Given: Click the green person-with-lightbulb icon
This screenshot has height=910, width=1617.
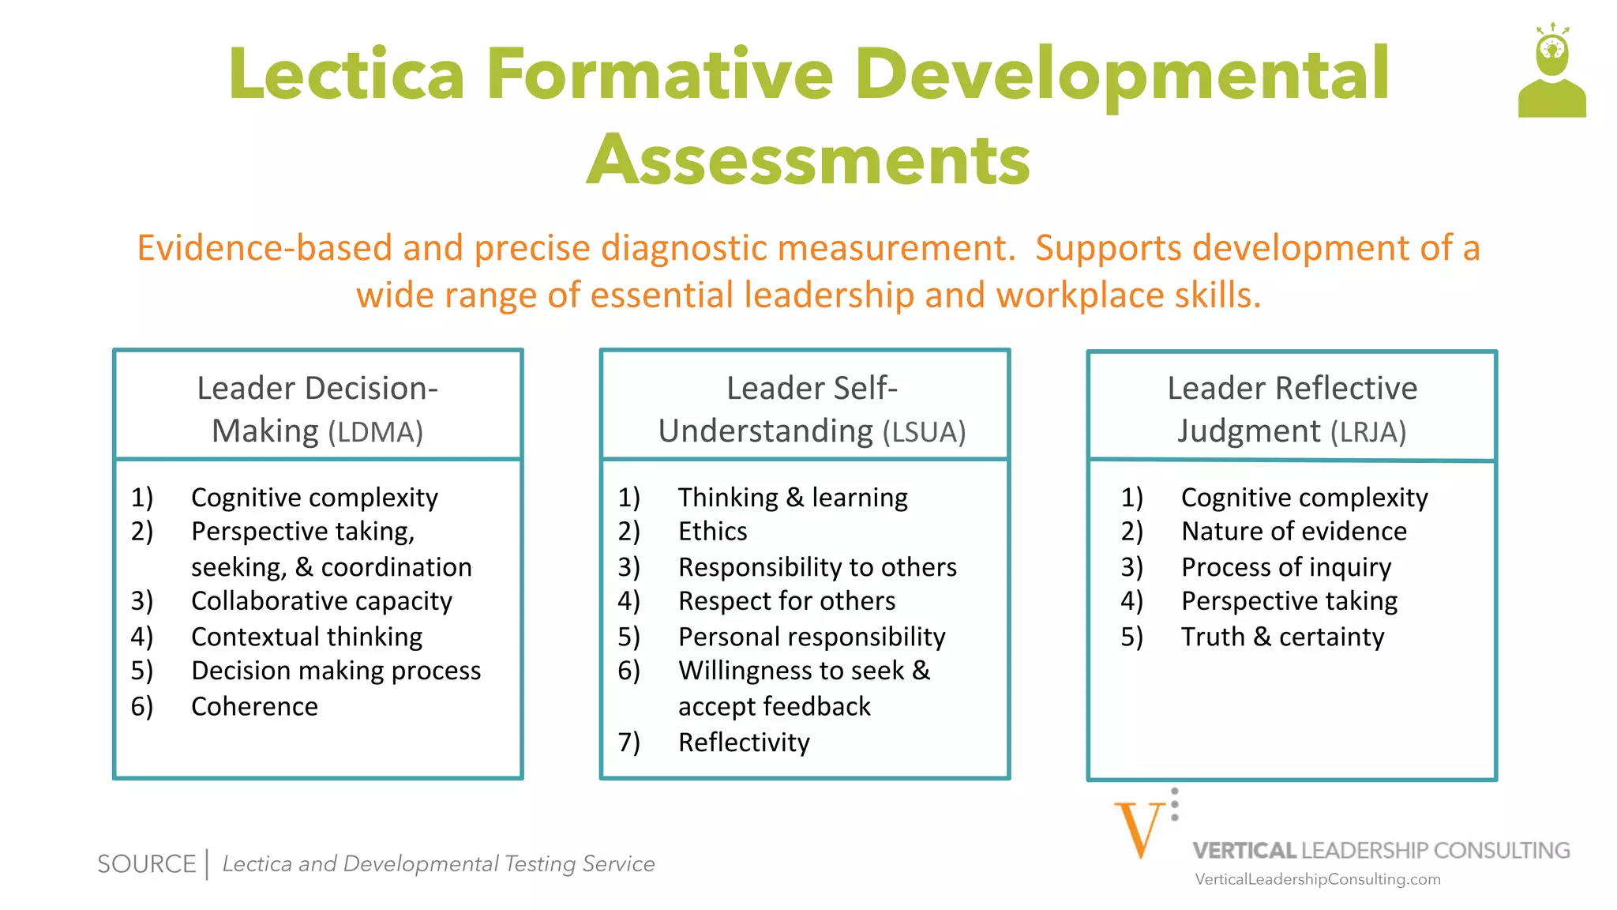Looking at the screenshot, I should (x=1551, y=73).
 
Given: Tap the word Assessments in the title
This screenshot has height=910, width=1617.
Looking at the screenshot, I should (x=808, y=160).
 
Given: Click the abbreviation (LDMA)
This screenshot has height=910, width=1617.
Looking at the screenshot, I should (x=376, y=432).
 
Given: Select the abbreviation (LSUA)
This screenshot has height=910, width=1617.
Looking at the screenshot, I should (x=924, y=432).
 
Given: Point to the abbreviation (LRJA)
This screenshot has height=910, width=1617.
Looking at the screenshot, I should (x=1368, y=432).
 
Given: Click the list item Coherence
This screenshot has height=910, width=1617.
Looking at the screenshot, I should (x=254, y=706).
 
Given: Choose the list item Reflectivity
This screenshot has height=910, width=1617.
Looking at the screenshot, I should (x=744, y=743).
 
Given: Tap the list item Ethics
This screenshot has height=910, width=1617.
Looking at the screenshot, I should (x=712, y=532).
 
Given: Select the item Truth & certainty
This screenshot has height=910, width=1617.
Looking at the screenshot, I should (x=1282, y=637).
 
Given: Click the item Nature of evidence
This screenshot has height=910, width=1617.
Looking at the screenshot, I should (x=1293, y=532).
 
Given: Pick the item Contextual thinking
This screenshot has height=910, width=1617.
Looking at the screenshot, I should (x=306, y=637).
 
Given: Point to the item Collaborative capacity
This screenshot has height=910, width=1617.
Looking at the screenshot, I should (x=321, y=601).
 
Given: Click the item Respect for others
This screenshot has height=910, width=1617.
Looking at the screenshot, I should (x=786, y=601).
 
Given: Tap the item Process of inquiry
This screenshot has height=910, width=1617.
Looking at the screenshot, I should (x=1285, y=567).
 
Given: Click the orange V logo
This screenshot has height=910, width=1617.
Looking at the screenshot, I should (x=1139, y=829).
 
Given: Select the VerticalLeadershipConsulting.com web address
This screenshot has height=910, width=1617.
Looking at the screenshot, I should (x=1317, y=879).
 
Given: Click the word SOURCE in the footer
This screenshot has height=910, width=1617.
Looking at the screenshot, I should (x=146, y=864).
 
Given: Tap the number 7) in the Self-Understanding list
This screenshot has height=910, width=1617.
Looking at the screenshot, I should (x=628, y=743).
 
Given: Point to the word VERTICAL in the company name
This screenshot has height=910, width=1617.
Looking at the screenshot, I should (x=1244, y=851).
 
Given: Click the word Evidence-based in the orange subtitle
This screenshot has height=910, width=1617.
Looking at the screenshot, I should (x=264, y=248).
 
